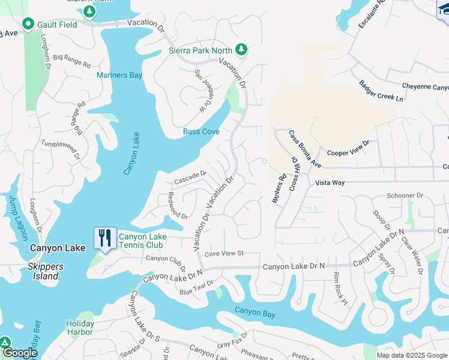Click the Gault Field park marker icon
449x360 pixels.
click(x=28, y=24)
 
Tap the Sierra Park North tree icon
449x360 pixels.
click(x=241, y=49)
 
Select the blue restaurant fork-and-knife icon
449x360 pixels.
click(x=106, y=238)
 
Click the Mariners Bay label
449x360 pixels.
click(x=119, y=75)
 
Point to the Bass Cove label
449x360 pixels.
click(x=201, y=131)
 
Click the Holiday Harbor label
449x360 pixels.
click(x=80, y=328)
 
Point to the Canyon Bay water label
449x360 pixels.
click(x=255, y=311)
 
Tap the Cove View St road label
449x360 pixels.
click(x=223, y=254)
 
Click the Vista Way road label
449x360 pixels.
click(x=330, y=182)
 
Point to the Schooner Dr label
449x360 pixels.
click(x=405, y=196)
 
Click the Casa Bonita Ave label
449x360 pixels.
click(x=306, y=149)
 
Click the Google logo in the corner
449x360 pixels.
click(x=19, y=353)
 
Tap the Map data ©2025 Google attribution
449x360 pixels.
click(x=412, y=355)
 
